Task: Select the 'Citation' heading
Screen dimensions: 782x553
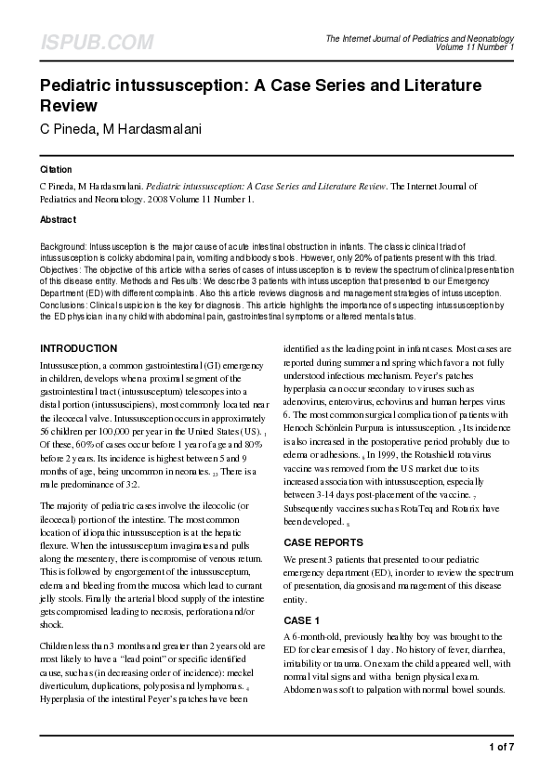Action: (x=56, y=170)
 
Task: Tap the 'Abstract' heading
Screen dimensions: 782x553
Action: (x=58, y=219)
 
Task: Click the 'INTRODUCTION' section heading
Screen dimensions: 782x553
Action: (x=78, y=348)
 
